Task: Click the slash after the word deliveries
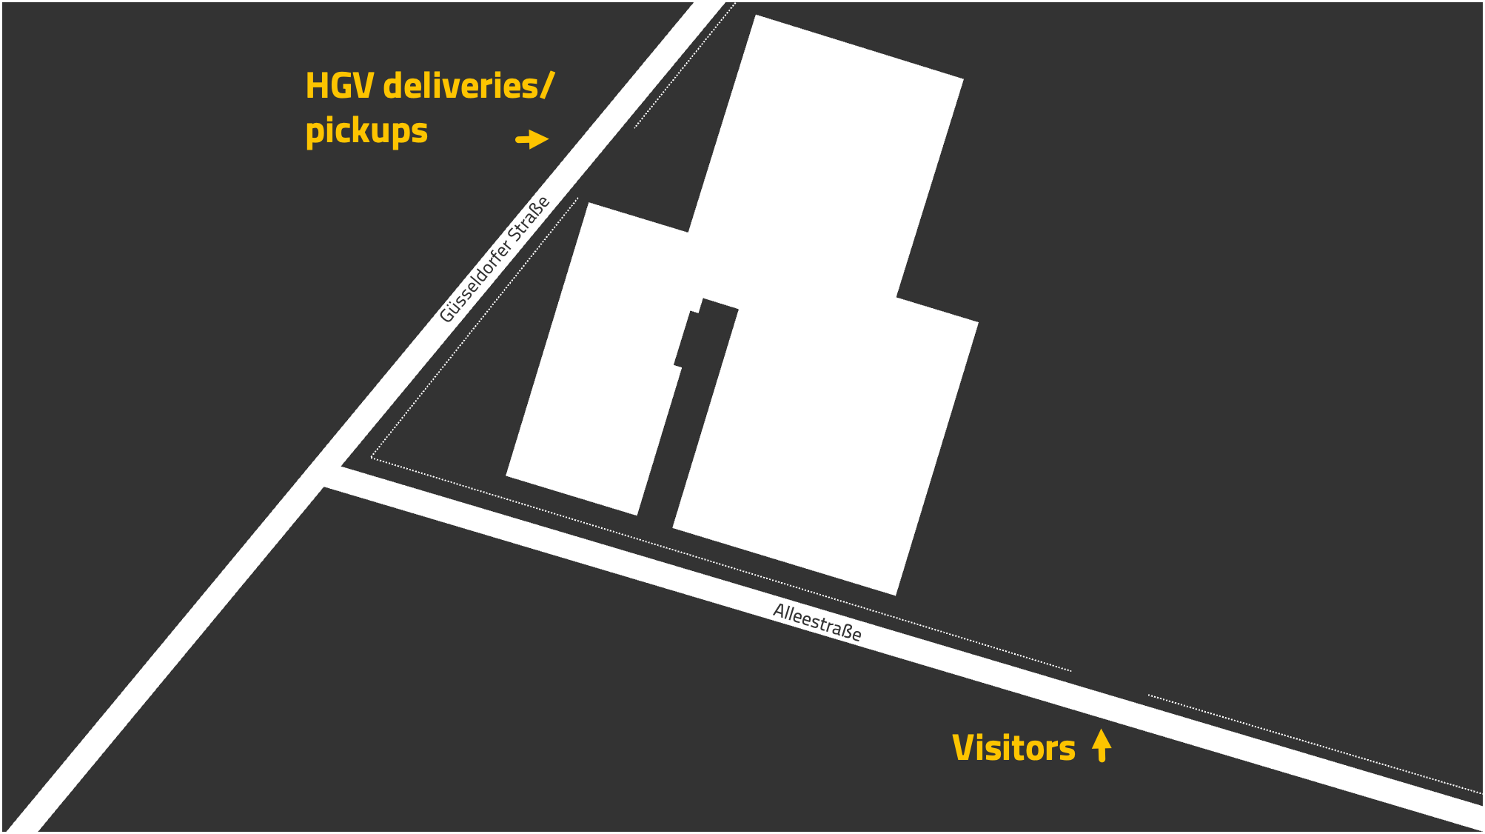[x=547, y=86]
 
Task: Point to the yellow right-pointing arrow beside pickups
[x=532, y=139]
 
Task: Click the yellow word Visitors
[x=1013, y=748]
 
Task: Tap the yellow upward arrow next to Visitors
[x=1102, y=745]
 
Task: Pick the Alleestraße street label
[x=817, y=622]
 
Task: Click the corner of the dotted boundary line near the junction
[x=372, y=458]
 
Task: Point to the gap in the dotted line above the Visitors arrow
[x=1110, y=683]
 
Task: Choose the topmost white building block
[x=825, y=159]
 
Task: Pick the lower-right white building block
[x=825, y=444]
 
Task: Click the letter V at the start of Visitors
[x=964, y=748]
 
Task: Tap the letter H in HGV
[x=317, y=86]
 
